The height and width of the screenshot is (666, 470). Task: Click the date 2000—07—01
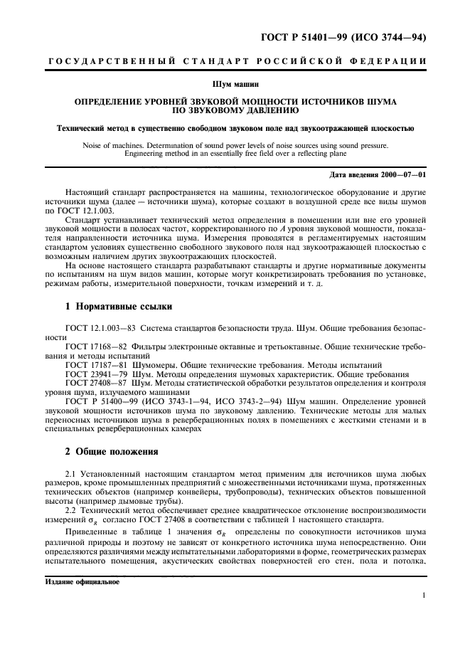398,175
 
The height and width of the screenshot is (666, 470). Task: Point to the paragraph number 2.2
70,510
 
